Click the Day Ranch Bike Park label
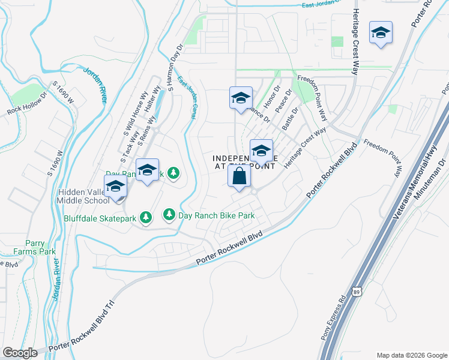[217, 215]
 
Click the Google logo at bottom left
[20, 353]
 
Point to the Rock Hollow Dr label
[26, 104]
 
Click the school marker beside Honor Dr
[241, 98]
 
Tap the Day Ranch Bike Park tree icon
[169, 214]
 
